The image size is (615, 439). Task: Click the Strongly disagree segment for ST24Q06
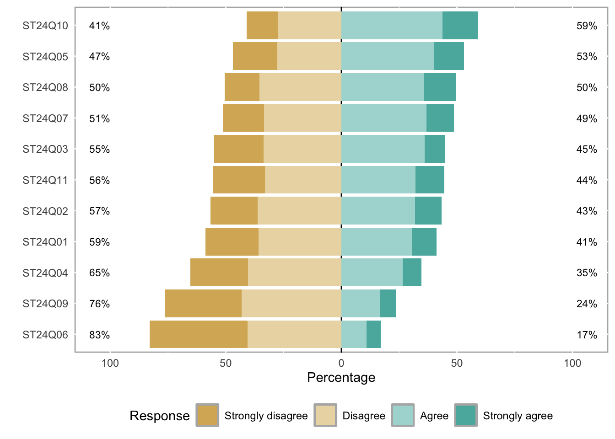[198, 334]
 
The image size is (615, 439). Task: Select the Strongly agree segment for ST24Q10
[460, 26]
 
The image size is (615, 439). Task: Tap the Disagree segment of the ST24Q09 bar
[291, 304]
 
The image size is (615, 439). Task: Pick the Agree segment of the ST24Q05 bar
[388, 56]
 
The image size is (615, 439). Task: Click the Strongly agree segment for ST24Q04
[412, 273]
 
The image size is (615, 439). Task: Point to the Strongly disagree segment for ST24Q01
[232, 242]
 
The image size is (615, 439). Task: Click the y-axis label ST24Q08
[45, 87]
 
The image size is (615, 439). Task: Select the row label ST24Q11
[45, 180]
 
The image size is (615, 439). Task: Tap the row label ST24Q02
[45, 211]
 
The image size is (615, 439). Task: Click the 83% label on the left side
[99, 335]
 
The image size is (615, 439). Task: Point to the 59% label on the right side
[587, 26]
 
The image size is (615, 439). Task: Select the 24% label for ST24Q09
[587, 304]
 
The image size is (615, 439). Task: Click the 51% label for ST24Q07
[99, 118]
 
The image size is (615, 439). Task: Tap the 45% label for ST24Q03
[587, 149]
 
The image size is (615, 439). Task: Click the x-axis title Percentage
[341, 378]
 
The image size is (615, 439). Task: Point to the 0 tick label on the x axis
[341, 364]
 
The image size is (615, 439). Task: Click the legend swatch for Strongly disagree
[207, 415]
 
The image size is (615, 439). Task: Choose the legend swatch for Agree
[403, 415]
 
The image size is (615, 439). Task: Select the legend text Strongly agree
[518, 416]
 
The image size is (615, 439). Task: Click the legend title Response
[159, 416]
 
